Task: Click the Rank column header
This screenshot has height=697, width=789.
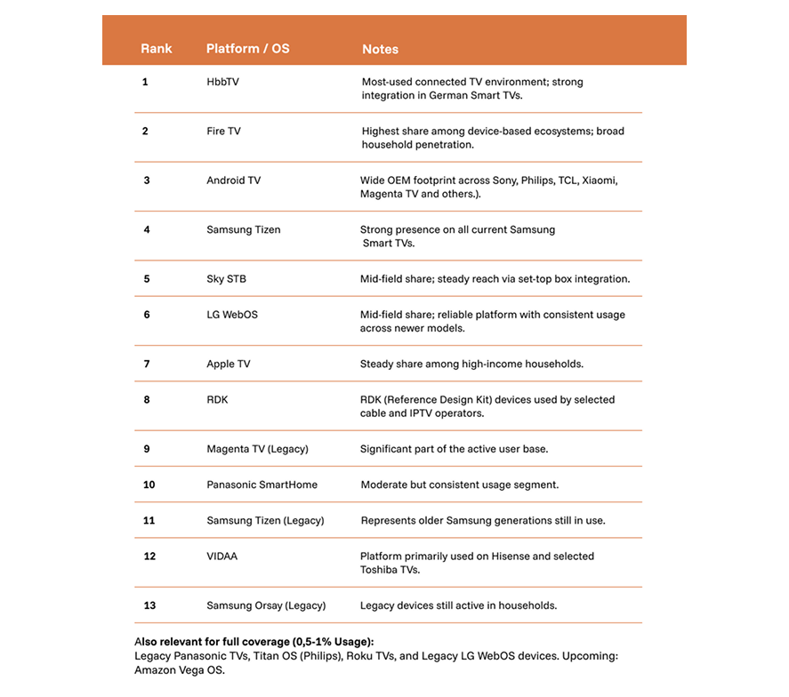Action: (157, 49)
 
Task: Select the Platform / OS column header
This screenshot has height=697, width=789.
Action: (247, 49)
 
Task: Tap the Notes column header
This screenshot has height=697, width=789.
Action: (380, 50)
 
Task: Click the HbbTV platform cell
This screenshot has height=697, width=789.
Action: (222, 82)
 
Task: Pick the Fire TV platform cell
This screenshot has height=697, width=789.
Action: (223, 132)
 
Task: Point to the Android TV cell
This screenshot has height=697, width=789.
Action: (233, 180)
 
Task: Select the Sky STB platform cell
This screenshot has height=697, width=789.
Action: (226, 279)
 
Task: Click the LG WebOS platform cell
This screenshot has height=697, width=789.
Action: (231, 315)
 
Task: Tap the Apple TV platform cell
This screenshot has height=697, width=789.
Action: (229, 364)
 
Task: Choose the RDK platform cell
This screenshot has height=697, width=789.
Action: (217, 400)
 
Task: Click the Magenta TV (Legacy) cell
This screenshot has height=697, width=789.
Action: (257, 449)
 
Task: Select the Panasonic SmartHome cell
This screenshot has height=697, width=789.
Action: (262, 485)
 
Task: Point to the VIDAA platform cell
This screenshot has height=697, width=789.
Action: (221, 557)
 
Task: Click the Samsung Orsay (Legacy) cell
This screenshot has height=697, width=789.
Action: (266, 605)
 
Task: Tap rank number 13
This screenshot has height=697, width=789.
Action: (149, 605)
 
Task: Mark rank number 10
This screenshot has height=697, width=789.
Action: (149, 485)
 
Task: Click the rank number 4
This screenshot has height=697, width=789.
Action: (146, 229)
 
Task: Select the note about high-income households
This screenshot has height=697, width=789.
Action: (471, 364)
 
